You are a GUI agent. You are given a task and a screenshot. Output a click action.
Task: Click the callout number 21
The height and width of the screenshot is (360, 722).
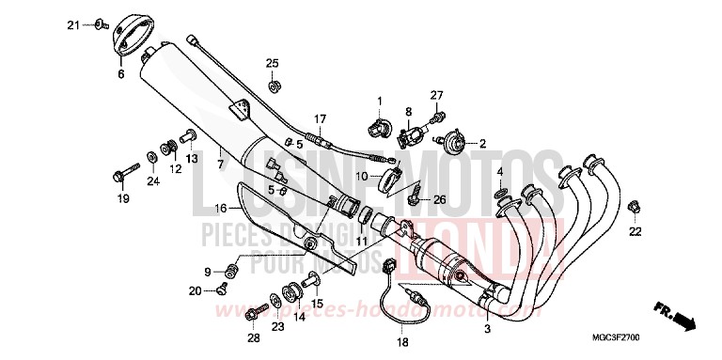[x=72, y=24]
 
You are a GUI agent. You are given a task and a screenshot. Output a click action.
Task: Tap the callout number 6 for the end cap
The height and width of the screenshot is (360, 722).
[x=120, y=73]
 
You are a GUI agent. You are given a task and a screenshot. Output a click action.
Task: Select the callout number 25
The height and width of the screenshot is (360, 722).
[x=272, y=62]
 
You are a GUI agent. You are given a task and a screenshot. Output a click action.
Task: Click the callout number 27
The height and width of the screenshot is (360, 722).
[x=436, y=96]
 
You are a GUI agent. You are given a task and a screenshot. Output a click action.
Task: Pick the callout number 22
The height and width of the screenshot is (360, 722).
[x=635, y=230]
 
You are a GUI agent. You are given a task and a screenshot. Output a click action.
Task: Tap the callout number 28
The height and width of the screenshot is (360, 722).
[x=253, y=338]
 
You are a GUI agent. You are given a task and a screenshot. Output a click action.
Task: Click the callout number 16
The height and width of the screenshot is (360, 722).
[x=221, y=208]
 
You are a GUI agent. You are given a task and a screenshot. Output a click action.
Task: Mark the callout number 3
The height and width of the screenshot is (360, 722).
[x=487, y=329]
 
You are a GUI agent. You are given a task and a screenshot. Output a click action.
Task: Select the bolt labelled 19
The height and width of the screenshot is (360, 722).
[x=126, y=174]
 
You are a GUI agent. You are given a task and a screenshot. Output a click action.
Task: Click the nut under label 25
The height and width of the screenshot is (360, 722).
[x=273, y=86]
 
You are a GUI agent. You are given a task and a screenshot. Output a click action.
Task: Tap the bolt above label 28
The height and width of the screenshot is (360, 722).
[x=259, y=309]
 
